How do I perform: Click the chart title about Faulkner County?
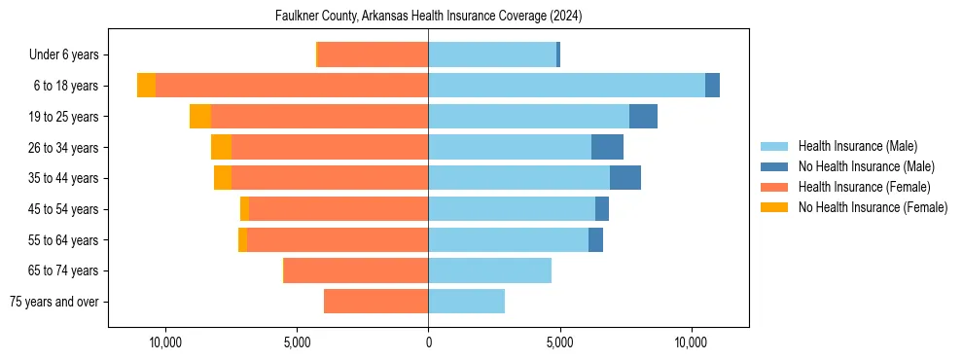(x=428, y=16)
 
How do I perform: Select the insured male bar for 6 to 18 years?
(x=566, y=86)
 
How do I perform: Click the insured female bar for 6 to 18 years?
(x=292, y=86)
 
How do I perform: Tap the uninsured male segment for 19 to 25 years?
(x=643, y=117)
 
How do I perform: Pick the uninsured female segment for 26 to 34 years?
(x=221, y=147)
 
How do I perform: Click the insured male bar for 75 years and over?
(x=466, y=302)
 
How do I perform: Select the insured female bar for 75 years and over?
(x=375, y=302)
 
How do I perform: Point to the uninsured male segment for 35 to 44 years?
(x=625, y=178)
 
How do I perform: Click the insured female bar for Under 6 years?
(x=373, y=54)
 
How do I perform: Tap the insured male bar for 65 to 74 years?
(x=489, y=270)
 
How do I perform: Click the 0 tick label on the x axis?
(x=428, y=342)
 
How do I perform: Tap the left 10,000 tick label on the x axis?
(x=165, y=342)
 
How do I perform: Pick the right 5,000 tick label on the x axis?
(x=559, y=342)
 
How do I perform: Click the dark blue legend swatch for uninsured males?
(x=774, y=166)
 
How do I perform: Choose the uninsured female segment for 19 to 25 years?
(x=200, y=117)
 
